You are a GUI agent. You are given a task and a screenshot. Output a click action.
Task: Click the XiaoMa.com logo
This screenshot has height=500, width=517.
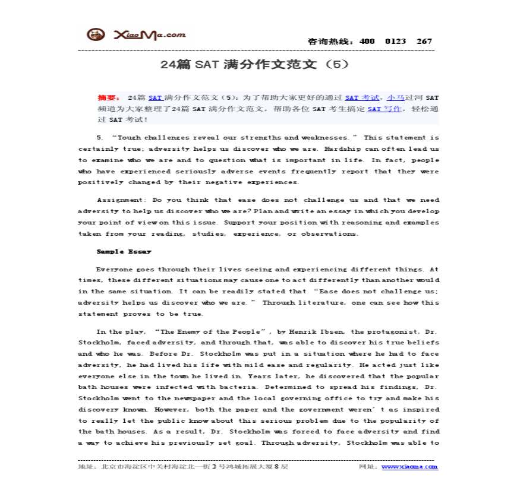[x=136, y=35]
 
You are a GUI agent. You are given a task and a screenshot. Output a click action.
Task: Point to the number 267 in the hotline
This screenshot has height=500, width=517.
[x=424, y=42]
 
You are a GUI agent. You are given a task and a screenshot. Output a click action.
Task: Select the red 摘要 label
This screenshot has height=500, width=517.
[x=108, y=97]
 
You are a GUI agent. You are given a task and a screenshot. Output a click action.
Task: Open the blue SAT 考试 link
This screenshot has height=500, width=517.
[x=362, y=97]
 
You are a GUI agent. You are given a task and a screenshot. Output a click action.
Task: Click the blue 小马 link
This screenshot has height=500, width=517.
[x=394, y=97]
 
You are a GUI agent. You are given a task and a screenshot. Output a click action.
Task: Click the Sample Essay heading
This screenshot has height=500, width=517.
[x=124, y=252]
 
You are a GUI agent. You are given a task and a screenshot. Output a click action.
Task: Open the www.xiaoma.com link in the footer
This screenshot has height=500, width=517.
[x=409, y=467]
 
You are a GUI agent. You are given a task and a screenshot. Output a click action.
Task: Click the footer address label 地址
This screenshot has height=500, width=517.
[x=87, y=467]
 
